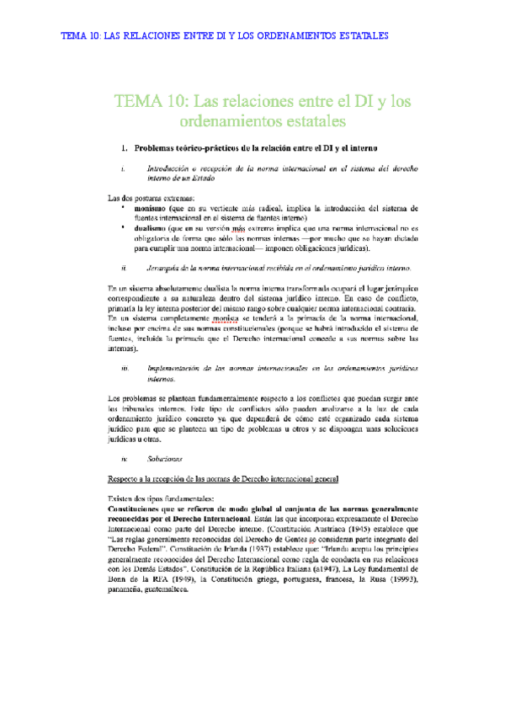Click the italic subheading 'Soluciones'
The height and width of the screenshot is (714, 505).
click(164, 459)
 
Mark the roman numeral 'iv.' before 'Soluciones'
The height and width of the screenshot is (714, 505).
click(124, 459)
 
